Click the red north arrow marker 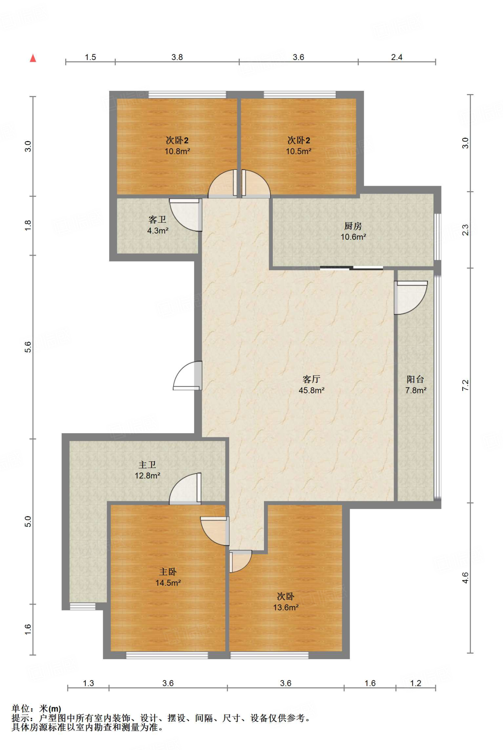point(33,58)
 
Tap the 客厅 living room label point(312,379)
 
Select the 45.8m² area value point(312,390)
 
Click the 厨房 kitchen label point(353,226)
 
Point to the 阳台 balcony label point(416,379)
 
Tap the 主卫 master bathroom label point(148,465)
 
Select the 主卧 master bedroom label point(168,572)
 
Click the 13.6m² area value point(286,608)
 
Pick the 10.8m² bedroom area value point(177,151)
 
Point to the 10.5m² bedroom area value point(299,151)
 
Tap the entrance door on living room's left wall point(187,375)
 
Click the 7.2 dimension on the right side point(465,385)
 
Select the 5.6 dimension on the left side point(28,347)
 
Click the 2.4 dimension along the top point(397,57)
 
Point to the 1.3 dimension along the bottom point(89,683)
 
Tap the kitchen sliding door point(351,268)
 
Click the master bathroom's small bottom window point(82,606)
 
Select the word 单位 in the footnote point(21,709)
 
